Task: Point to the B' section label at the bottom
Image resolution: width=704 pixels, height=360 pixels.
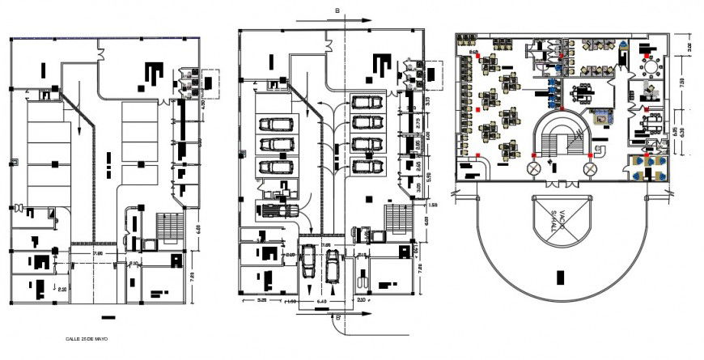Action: click(x=337, y=318)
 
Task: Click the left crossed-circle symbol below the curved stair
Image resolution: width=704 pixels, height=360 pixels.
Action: click(x=533, y=169)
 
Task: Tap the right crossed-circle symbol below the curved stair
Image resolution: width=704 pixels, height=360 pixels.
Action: click(x=590, y=169)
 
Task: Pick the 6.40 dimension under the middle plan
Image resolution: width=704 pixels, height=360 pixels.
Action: click(x=322, y=303)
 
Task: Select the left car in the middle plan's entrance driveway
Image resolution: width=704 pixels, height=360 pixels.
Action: click(x=309, y=261)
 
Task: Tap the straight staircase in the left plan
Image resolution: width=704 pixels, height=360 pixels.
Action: click(x=169, y=226)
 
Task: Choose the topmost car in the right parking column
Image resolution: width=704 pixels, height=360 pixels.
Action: click(x=367, y=103)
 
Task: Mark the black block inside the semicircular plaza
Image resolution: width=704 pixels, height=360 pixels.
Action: click(x=561, y=278)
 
